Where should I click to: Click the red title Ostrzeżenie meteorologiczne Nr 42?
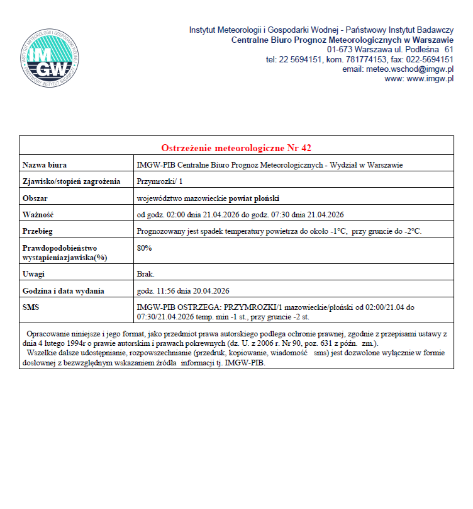point(236,148)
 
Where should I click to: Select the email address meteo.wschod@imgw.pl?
point(398,69)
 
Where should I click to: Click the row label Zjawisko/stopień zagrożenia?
point(71,181)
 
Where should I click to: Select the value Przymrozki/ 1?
point(160,181)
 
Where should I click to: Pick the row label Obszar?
point(36,198)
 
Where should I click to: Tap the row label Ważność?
point(38,214)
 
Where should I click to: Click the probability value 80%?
point(144,248)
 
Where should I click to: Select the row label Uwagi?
point(33,274)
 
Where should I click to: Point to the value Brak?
point(145,274)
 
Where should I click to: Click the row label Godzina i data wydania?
point(63,290)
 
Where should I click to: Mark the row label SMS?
point(31,307)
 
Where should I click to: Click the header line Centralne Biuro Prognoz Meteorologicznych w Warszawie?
point(343,40)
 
